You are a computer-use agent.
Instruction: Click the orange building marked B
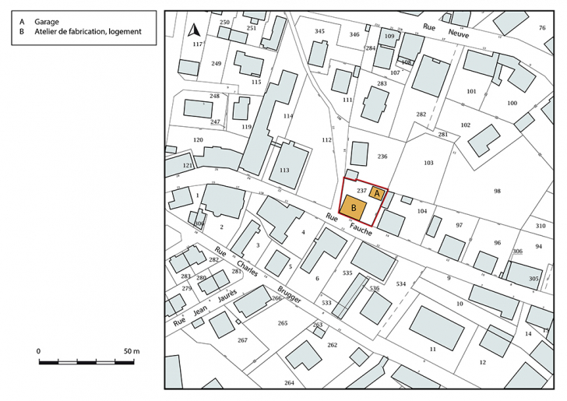[x=354, y=209]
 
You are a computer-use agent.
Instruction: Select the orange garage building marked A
[x=377, y=192]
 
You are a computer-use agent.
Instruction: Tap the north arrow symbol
[x=195, y=31]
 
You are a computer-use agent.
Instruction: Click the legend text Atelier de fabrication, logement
[x=86, y=31]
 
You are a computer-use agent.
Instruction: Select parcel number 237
[x=361, y=189]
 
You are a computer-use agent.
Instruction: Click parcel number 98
[x=497, y=191]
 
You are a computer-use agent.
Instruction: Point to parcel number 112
[x=326, y=140]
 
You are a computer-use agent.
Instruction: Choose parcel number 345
[x=319, y=31]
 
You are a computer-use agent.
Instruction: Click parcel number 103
[x=428, y=163]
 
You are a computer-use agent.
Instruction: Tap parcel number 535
[x=347, y=273]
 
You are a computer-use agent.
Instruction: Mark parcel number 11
[x=432, y=350]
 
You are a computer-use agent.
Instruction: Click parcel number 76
[x=541, y=28]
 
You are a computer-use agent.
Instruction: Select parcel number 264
[x=289, y=382]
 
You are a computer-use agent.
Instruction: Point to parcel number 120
[x=198, y=140]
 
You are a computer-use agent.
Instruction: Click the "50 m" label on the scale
[x=131, y=352]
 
